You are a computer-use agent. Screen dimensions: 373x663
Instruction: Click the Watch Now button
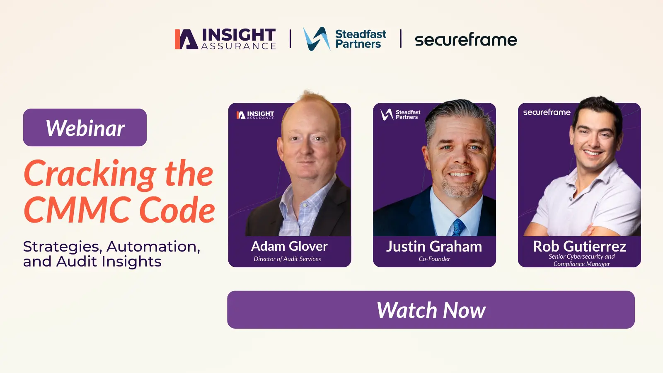click(x=431, y=310)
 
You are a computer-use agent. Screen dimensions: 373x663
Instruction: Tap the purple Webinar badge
click(x=85, y=128)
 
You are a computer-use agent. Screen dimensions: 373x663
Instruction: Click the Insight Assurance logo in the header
click(x=225, y=39)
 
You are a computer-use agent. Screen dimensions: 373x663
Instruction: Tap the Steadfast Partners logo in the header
click(x=345, y=39)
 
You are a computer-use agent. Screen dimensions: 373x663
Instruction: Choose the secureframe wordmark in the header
click(x=466, y=40)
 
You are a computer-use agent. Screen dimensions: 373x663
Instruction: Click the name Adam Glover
click(x=289, y=247)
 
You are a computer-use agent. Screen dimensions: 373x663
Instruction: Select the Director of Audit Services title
click(x=287, y=259)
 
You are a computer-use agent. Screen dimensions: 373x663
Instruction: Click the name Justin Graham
click(x=434, y=247)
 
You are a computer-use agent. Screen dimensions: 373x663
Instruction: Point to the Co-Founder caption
click(x=434, y=259)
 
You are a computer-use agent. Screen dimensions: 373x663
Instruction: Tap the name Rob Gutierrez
click(x=579, y=247)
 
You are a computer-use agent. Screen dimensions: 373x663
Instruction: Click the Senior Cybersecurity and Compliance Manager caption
click(x=581, y=260)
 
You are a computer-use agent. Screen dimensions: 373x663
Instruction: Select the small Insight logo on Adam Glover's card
click(x=255, y=115)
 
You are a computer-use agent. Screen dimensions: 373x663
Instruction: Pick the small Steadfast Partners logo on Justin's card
click(x=400, y=114)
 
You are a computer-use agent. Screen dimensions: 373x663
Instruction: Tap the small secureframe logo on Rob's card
click(x=547, y=112)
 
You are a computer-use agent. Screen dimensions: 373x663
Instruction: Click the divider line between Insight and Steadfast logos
click(x=290, y=39)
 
